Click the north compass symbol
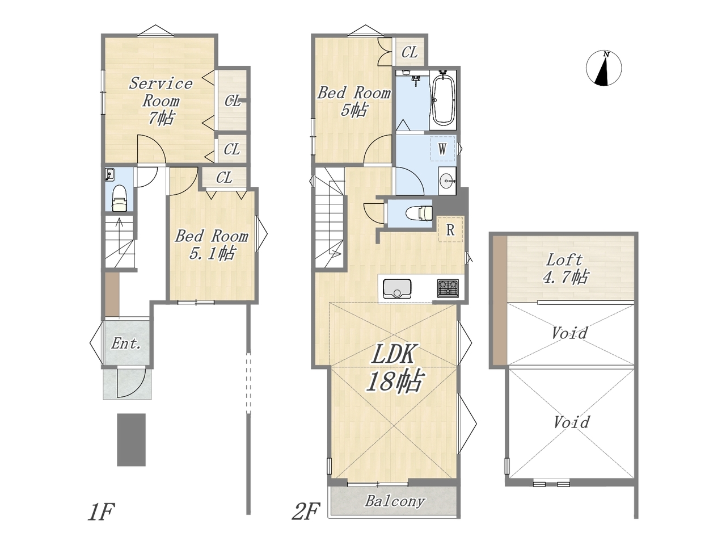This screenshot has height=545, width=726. [603, 68]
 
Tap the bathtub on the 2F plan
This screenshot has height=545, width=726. [443, 98]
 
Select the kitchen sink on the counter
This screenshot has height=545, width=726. [397, 288]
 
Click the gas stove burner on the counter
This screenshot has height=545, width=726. [448, 288]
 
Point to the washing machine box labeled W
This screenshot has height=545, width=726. [442, 149]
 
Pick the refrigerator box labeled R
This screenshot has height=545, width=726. [450, 230]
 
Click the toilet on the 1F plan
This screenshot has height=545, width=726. [119, 198]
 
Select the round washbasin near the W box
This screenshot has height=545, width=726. [447, 181]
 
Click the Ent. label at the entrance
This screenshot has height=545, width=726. [126, 343]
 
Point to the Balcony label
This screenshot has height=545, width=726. [395, 501]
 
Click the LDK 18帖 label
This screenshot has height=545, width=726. [394, 368]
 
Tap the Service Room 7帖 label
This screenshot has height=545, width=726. [161, 100]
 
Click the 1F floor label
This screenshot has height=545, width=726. [101, 512]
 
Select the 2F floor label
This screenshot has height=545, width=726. [306, 512]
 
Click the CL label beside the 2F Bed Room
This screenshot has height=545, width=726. [410, 52]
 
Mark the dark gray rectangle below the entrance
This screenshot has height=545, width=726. [132, 440]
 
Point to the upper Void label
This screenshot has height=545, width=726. [569, 333]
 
